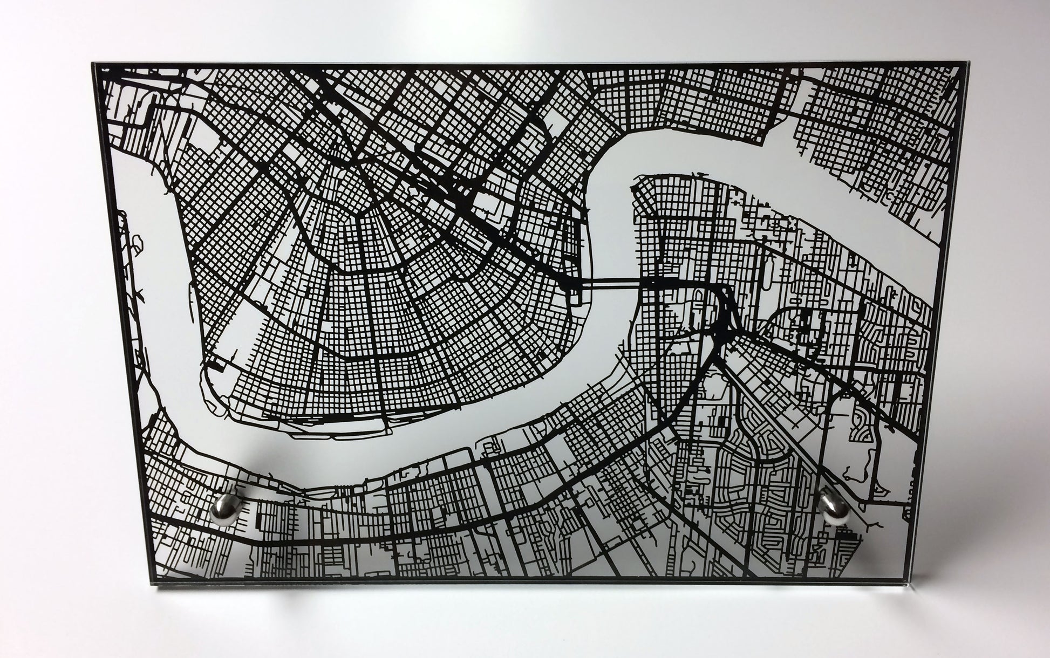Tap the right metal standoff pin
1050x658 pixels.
pos(834,507)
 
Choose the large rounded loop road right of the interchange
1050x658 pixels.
pos(793,334)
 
